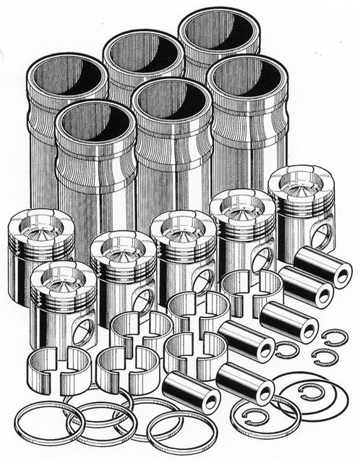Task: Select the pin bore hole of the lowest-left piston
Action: [84, 330]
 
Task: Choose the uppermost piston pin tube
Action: [322, 266]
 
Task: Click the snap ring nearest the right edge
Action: [334, 338]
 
